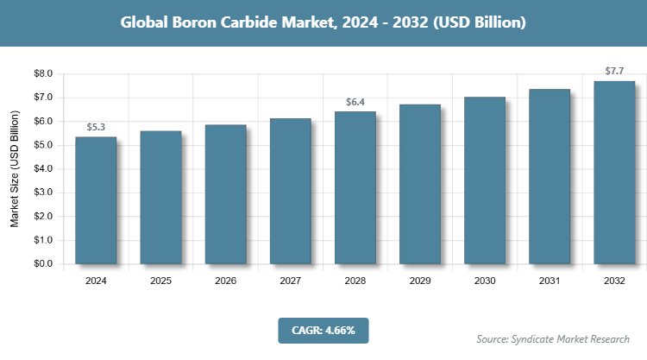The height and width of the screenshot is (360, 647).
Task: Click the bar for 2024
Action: (x=96, y=200)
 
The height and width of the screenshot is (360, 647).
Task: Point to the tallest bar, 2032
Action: (x=614, y=172)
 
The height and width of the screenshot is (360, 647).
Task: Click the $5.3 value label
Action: (x=96, y=128)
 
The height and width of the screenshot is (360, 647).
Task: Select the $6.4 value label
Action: (x=355, y=103)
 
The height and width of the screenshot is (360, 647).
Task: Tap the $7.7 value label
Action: (x=614, y=71)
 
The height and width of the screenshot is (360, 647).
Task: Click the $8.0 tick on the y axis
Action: (x=41, y=74)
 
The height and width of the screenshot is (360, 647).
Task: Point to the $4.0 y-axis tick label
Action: (x=41, y=169)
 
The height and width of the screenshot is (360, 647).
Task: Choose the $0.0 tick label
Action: (x=41, y=264)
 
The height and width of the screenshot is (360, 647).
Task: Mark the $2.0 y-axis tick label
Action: (x=41, y=217)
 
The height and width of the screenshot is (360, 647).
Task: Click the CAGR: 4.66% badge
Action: (x=323, y=330)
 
